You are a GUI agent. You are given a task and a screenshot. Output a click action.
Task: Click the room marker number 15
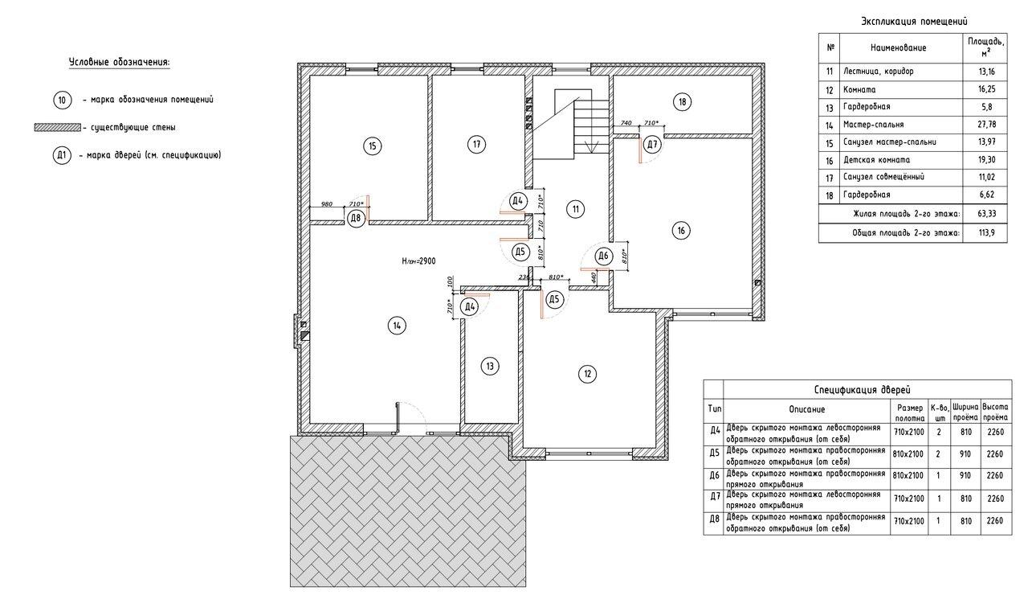tap(372, 146)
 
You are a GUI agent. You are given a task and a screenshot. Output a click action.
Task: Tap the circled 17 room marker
tap(477, 145)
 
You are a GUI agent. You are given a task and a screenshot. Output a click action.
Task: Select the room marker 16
tap(681, 231)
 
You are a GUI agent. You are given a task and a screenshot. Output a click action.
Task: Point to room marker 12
tap(587, 374)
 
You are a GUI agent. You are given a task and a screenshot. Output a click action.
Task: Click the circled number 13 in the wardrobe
tap(490, 366)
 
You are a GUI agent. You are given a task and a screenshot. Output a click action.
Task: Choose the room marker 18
tap(683, 101)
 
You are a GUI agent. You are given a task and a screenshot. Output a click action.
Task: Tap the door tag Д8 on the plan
tap(356, 218)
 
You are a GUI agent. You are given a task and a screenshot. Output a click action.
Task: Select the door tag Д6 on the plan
tap(603, 256)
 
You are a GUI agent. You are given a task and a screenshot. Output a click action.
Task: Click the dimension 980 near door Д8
tap(327, 204)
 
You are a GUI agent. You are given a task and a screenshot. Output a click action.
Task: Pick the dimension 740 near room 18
tap(626, 123)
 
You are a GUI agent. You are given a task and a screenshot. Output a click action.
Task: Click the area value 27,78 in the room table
tap(986, 125)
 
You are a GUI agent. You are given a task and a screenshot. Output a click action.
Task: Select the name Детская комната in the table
tap(876, 160)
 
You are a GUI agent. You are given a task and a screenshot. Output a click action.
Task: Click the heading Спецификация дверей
tap(863, 390)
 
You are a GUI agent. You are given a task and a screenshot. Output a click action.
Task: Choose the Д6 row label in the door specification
tap(715, 475)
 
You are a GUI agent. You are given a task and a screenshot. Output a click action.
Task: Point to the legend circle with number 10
tap(63, 101)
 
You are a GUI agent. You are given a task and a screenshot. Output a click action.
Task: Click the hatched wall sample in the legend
tap(58, 127)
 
